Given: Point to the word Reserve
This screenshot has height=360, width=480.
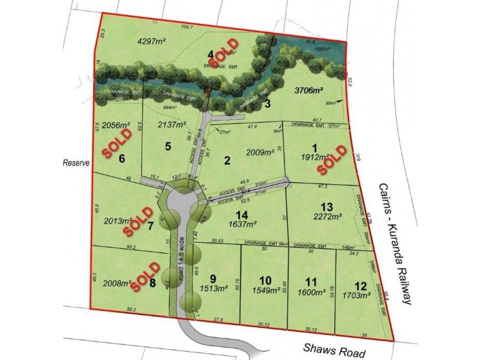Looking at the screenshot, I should click(75, 162).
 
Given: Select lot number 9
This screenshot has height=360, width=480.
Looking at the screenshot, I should click(212, 278).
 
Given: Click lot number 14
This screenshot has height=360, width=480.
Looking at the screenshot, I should click(242, 214).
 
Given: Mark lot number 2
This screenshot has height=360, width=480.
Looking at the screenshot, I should click(227, 160).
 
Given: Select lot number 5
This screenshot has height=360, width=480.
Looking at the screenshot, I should click(168, 145).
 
